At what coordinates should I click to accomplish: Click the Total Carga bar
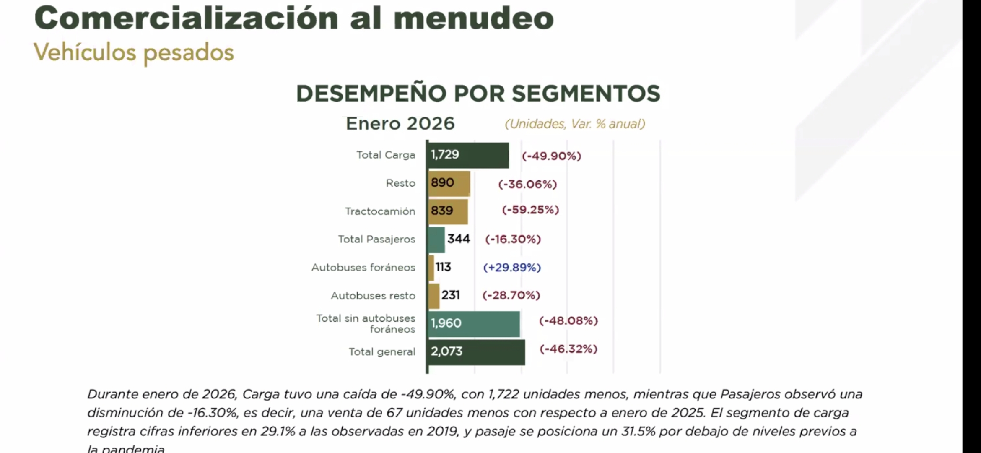(x=468, y=155)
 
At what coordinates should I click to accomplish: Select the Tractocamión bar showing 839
(x=448, y=211)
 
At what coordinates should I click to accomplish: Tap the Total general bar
(x=476, y=352)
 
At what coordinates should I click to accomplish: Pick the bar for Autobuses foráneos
(x=431, y=268)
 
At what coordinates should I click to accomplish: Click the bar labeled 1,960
(x=474, y=323)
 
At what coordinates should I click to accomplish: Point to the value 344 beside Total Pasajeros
(x=459, y=239)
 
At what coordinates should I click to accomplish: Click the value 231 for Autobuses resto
(x=451, y=295)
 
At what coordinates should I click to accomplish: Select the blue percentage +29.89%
(x=512, y=268)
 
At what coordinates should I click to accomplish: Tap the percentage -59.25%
(x=530, y=210)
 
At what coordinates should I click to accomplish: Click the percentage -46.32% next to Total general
(x=568, y=349)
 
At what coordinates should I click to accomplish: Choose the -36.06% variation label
(x=527, y=184)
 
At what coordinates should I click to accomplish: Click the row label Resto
(x=400, y=183)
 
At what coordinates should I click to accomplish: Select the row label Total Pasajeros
(x=376, y=240)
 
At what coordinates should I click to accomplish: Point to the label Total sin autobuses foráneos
(x=366, y=323)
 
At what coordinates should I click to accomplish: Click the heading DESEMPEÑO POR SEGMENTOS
(x=478, y=93)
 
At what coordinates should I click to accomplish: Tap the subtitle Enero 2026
(x=400, y=124)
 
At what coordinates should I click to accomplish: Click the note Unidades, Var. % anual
(x=575, y=124)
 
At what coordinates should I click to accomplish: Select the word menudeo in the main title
(x=474, y=18)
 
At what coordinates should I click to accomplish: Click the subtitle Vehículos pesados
(x=134, y=53)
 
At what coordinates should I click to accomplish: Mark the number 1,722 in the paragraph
(x=503, y=395)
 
